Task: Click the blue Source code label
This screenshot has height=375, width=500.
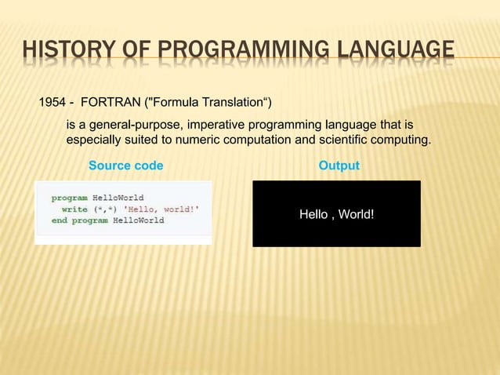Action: pyautogui.click(x=126, y=166)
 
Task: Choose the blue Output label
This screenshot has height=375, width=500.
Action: pyautogui.click(x=339, y=166)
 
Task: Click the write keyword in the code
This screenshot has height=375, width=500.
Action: pyautogui.click(x=75, y=209)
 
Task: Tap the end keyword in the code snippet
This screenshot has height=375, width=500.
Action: pyautogui.click(x=60, y=220)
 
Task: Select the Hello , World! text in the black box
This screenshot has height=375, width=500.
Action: pyautogui.click(x=336, y=214)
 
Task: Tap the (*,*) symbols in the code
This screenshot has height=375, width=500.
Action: pyautogui.click(x=104, y=209)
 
